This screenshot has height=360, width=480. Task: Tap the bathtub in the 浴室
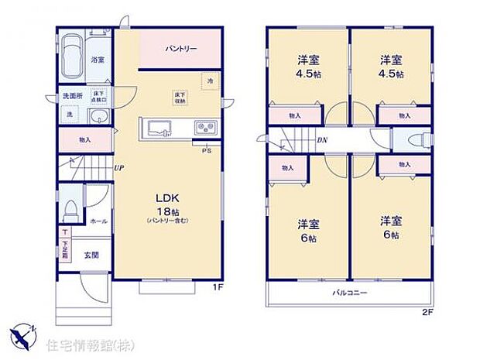73,56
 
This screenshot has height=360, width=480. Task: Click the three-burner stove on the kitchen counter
205,127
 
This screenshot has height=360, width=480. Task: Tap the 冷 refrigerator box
208,80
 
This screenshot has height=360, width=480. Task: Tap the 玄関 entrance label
92,255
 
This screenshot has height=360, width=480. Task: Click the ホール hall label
98,221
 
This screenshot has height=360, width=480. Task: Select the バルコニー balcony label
350,293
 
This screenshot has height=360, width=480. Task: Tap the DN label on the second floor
322,140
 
